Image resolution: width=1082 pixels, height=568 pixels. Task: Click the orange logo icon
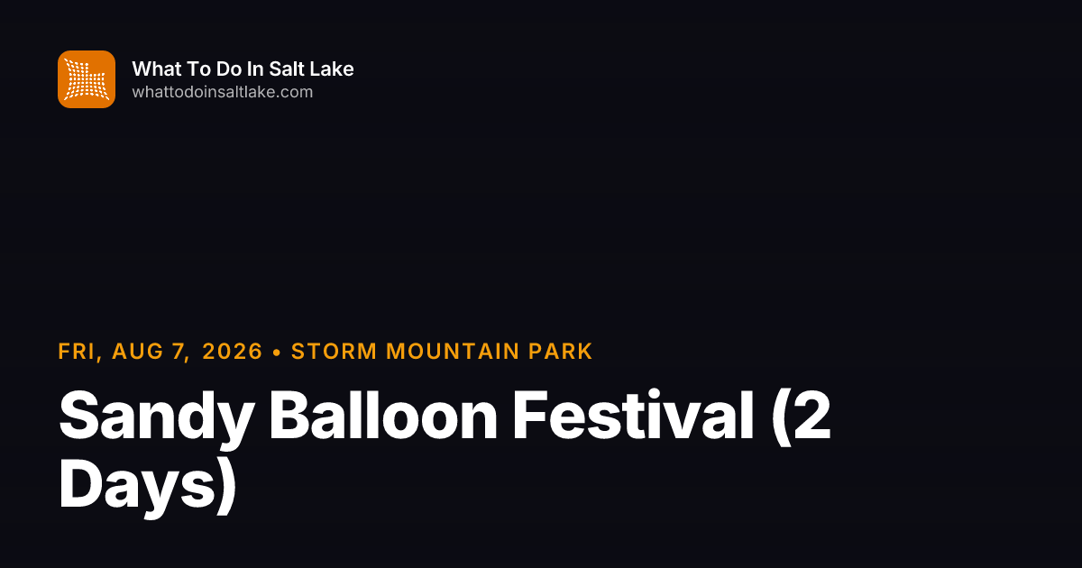[87, 79]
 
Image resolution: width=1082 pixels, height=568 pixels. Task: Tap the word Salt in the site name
[286, 69]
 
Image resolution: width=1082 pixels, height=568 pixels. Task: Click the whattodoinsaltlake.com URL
[223, 92]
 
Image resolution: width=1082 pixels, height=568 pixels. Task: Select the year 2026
[233, 351]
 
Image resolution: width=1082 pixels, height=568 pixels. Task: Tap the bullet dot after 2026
[277, 353]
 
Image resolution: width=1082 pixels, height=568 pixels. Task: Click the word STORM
[335, 351]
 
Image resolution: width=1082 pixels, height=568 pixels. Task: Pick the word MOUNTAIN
[453, 351]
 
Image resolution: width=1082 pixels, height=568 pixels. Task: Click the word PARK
[560, 351]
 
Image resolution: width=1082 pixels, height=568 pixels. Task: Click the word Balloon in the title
[383, 416]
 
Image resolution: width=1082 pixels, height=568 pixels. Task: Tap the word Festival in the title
[633, 416]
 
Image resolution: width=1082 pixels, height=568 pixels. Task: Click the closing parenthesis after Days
[225, 485]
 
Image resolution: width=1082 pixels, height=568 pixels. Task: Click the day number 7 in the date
[179, 351]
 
